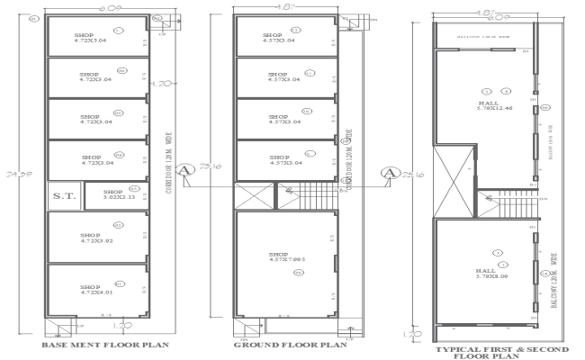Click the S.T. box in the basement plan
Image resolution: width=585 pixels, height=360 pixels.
(x=62, y=195)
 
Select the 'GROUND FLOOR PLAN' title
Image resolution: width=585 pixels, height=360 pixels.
(x=291, y=344)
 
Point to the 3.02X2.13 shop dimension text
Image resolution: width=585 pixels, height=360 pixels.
(x=112, y=195)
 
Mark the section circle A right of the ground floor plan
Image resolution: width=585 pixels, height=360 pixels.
(x=390, y=172)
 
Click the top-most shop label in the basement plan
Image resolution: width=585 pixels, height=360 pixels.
(x=89, y=36)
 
